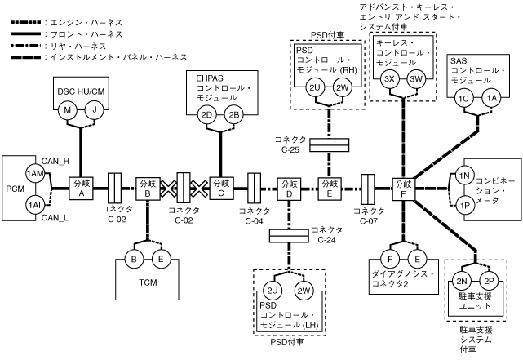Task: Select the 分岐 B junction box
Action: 148,188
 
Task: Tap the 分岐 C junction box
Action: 218,188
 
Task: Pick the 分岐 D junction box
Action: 289,188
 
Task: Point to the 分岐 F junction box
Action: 402,188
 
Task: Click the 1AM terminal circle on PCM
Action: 34,173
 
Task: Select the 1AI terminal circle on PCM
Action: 34,203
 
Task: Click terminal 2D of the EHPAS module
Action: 206,115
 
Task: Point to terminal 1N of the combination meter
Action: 463,176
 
